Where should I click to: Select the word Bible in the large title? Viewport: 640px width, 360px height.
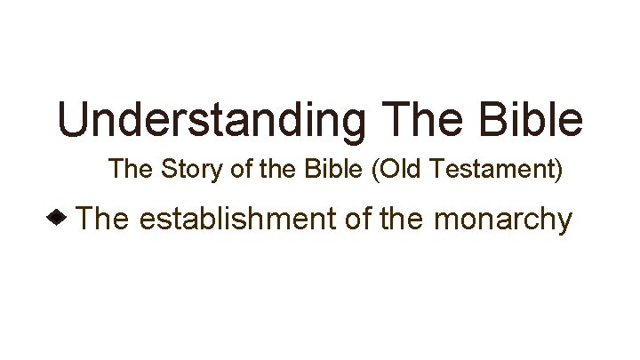(532, 119)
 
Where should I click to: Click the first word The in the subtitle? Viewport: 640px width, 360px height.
(130, 169)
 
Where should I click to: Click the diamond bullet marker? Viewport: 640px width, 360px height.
(58, 217)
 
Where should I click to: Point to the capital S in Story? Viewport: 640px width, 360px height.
(166, 169)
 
